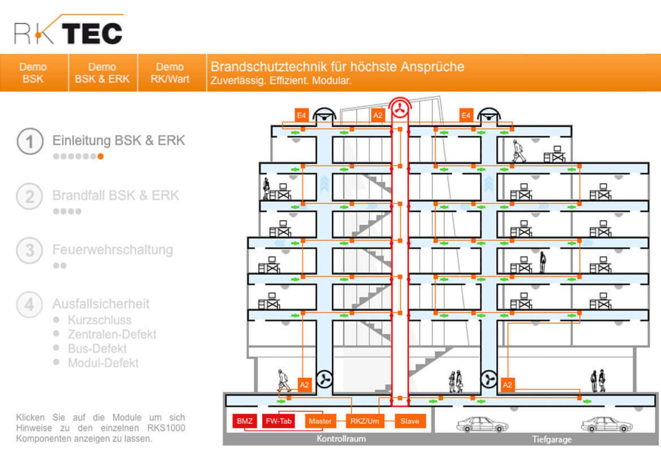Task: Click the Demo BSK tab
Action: (x=33, y=73)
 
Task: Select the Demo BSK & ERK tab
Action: (x=102, y=73)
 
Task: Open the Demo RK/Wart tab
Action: (x=170, y=73)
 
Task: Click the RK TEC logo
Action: (x=68, y=30)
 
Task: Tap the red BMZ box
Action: (x=244, y=421)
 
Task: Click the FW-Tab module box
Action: (x=279, y=421)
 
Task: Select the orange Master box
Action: (x=320, y=421)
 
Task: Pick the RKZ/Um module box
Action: (x=365, y=421)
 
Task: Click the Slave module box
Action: (x=410, y=421)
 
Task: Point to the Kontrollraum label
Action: (x=341, y=439)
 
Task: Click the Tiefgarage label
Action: (x=552, y=439)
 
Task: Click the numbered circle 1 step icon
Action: (x=30, y=141)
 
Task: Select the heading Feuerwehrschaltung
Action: (x=113, y=250)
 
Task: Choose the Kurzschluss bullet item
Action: (x=99, y=320)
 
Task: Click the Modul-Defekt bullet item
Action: (x=103, y=363)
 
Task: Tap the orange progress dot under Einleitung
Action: (x=101, y=156)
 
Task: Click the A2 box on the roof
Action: (x=378, y=115)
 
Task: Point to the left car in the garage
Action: (x=482, y=424)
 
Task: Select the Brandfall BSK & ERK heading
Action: (x=116, y=196)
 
